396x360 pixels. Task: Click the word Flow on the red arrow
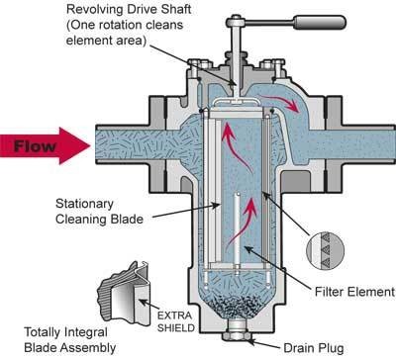[x=35, y=146]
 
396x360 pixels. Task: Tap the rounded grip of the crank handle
[x=320, y=22]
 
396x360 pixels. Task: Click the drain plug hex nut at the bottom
[x=237, y=336]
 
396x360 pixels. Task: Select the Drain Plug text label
[x=314, y=348]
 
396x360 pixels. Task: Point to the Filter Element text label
[x=354, y=292]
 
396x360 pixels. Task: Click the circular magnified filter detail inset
[x=325, y=251]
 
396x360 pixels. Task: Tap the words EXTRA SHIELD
[x=175, y=321]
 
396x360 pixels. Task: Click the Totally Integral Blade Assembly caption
[x=70, y=340]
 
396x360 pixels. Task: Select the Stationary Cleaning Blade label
[x=99, y=212]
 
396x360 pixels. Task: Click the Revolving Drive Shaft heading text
[x=129, y=9]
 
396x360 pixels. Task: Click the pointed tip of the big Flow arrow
[x=90, y=145]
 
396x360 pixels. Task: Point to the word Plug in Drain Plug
[x=330, y=348]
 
